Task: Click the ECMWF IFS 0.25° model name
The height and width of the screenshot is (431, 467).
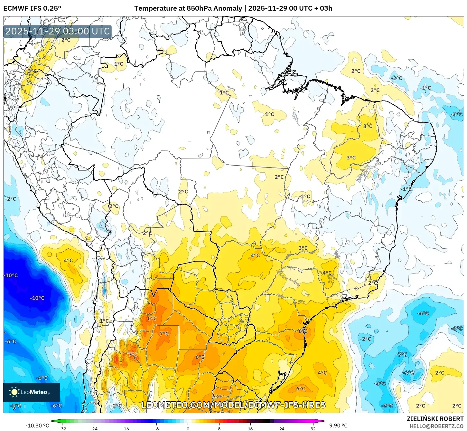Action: [x=32, y=8]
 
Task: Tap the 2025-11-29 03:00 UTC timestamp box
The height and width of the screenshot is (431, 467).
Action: [x=58, y=32]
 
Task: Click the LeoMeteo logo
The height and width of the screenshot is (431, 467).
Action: [x=31, y=392]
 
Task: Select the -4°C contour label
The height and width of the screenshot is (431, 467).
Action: [x=423, y=313]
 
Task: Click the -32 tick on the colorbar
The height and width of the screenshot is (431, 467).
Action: [x=62, y=428]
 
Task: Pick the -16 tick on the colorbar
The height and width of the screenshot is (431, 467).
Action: [x=125, y=428]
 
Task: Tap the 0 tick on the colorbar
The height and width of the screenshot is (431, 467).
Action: [x=188, y=428]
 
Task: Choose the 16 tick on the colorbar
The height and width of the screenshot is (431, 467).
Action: [x=250, y=428]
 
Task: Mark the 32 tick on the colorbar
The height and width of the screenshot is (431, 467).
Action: [x=313, y=428]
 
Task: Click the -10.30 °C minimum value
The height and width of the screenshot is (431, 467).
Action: [x=37, y=426]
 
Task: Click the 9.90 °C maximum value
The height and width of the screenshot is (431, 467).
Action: [x=338, y=426]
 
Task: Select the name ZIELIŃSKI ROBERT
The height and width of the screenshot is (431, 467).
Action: [x=435, y=419]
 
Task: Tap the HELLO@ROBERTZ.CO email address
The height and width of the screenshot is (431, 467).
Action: [x=436, y=426]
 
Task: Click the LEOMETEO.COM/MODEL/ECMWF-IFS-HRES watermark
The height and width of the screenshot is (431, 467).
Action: [x=233, y=405]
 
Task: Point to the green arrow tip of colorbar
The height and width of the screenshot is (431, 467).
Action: [x=51, y=421]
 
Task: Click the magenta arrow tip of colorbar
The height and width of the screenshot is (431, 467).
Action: [x=324, y=421]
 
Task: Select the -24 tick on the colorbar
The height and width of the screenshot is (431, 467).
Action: [x=94, y=428]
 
